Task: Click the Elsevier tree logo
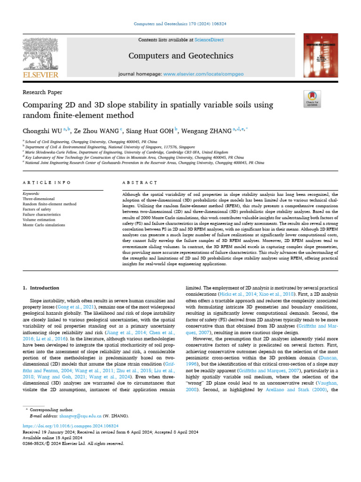click(x=41, y=56)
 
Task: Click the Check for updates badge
click(x=312, y=98)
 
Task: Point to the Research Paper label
click(x=42, y=92)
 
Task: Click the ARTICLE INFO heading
click(x=47, y=183)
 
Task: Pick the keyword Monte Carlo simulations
click(x=44, y=225)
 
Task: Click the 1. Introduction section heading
click(x=41, y=288)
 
